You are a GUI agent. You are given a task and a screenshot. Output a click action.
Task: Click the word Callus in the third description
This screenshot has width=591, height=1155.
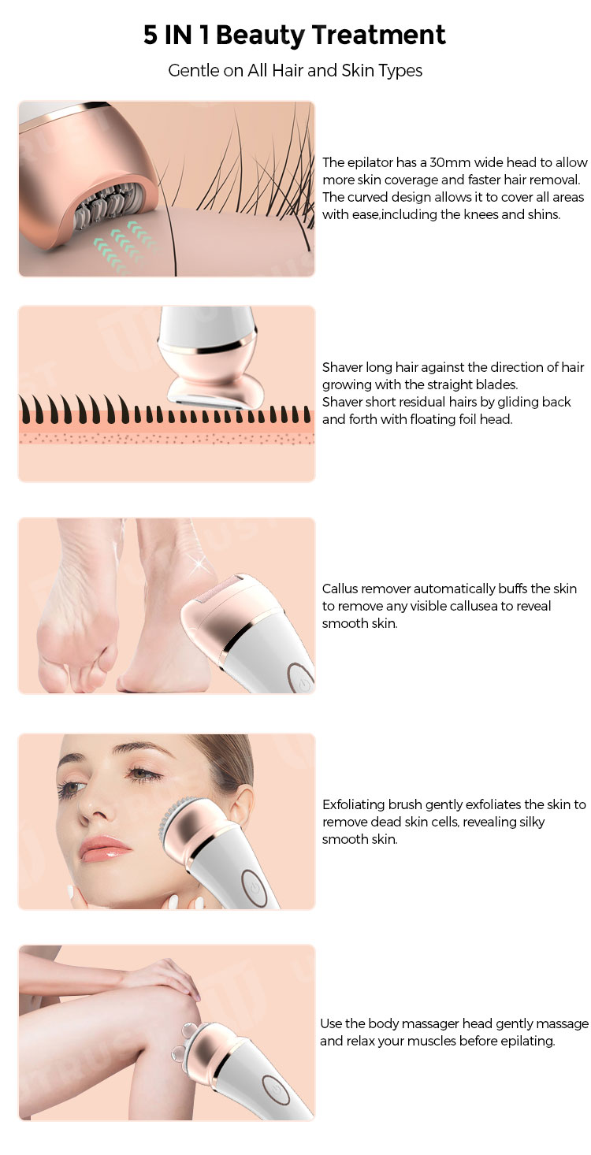[341, 589]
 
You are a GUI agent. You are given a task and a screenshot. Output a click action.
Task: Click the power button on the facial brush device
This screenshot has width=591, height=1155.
[254, 887]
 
